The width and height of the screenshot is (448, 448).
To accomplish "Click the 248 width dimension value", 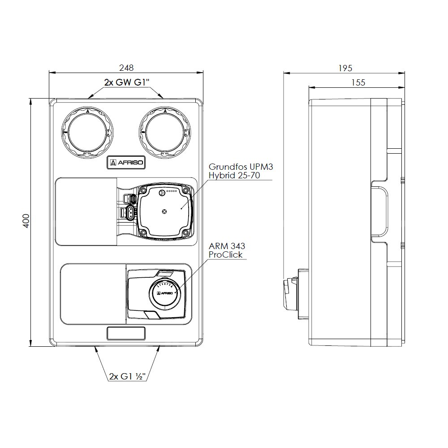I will tap(126, 68).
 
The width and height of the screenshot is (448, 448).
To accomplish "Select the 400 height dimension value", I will tap(26, 221).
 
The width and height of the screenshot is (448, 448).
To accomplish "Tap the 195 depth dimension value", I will tap(345, 68).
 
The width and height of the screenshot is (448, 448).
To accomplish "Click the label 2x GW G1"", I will tap(126, 83).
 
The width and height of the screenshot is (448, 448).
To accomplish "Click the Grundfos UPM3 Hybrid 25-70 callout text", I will tap(241, 171).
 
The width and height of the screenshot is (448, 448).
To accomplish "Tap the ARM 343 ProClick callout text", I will tap(227, 250).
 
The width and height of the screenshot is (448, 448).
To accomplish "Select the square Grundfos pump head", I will tap(165, 211).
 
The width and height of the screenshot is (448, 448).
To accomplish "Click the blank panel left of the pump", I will tap(86, 211).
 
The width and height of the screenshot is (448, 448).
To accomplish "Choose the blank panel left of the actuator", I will tap(93, 294).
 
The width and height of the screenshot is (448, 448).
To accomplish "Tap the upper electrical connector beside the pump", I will tap(130, 199).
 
